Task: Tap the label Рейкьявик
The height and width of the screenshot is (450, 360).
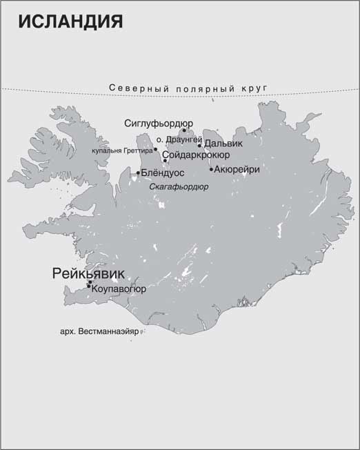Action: click(x=88, y=273)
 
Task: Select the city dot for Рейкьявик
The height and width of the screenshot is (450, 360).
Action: click(x=90, y=282)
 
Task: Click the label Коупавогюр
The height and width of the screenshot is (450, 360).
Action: click(x=119, y=290)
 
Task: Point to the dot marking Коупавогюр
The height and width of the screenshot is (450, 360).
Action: click(x=88, y=286)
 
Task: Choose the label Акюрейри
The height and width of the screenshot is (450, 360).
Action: click(x=237, y=169)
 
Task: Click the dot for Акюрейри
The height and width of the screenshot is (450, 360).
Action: click(x=211, y=169)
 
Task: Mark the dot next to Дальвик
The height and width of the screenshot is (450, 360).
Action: click(x=199, y=145)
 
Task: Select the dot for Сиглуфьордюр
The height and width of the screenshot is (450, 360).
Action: click(x=184, y=130)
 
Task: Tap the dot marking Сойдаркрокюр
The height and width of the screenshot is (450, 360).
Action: click(x=165, y=161)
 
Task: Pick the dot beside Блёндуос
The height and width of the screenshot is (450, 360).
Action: click(x=138, y=173)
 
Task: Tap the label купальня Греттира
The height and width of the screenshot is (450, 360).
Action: click(x=122, y=149)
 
